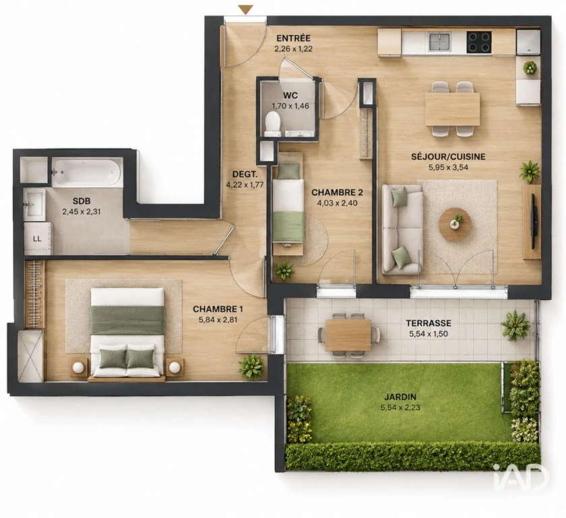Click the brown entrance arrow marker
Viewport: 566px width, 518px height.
coord(246,9)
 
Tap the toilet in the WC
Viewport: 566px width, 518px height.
coord(272,123)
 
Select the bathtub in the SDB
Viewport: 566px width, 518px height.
coord(86,172)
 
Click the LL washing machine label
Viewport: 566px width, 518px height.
coord(37,239)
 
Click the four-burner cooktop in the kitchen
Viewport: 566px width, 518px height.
coord(479,42)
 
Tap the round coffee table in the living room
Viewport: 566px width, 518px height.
coord(455,221)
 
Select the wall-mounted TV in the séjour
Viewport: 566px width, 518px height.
coord(534,221)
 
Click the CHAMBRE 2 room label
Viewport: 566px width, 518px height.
coord(337,192)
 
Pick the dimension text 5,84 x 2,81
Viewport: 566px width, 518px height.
coord(218,320)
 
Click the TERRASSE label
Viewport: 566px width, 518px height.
coord(429,323)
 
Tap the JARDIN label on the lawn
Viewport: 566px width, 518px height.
coord(400,397)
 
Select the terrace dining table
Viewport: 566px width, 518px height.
coord(348,333)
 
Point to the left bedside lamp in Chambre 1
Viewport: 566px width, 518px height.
coord(78,368)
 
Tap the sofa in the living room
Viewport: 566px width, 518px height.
coord(402,229)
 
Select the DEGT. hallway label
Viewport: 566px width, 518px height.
coord(245,175)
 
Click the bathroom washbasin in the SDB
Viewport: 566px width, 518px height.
coord(34,204)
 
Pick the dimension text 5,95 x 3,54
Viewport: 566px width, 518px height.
coord(448,167)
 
